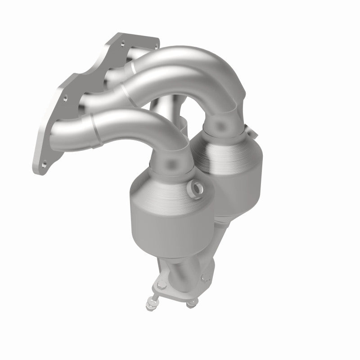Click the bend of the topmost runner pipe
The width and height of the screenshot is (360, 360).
[x=216, y=67]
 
